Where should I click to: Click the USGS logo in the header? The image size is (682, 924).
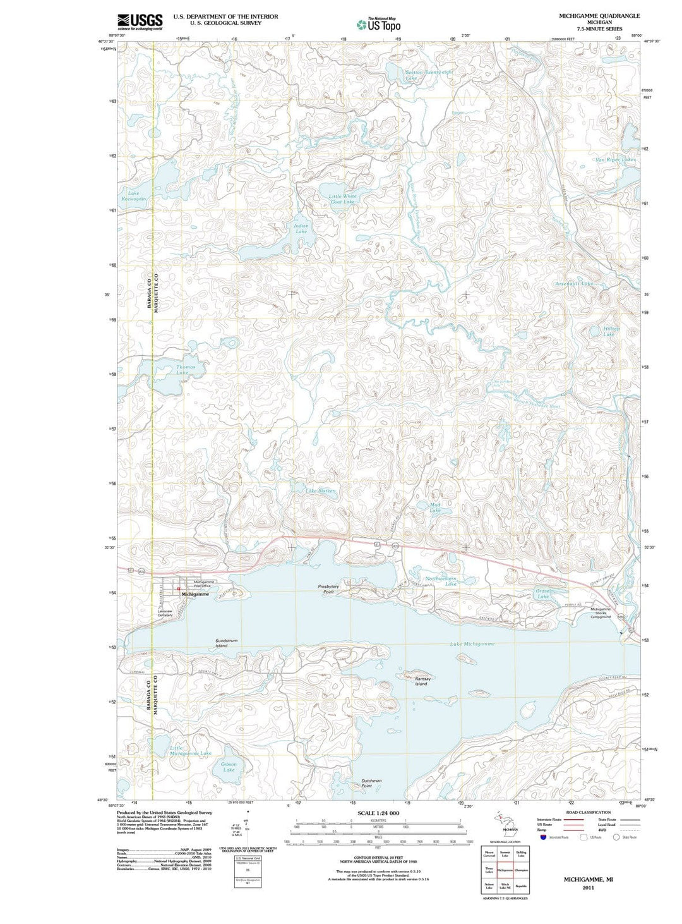[x=140, y=21]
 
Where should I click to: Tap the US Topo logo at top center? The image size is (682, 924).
[x=378, y=24]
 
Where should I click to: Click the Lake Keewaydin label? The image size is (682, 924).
[x=133, y=197]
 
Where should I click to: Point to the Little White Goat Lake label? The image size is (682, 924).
[x=342, y=198]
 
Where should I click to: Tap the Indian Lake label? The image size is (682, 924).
[x=301, y=228]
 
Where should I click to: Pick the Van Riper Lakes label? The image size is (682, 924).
[x=616, y=160]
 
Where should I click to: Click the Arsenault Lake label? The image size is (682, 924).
[x=575, y=284]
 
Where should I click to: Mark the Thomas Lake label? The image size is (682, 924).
[x=185, y=370]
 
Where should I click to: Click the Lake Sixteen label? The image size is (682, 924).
[x=321, y=490]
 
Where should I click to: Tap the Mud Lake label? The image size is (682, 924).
[x=434, y=507]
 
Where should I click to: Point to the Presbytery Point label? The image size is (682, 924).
[x=328, y=589]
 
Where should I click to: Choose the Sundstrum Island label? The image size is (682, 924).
[x=226, y=643]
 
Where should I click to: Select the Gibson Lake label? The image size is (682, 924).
[x=229, y=767]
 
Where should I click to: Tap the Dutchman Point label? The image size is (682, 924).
[x=371, y=783]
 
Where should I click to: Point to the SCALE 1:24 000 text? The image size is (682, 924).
[x=378, y=813]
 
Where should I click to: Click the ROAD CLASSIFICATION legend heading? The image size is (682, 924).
[x=588, y=812]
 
